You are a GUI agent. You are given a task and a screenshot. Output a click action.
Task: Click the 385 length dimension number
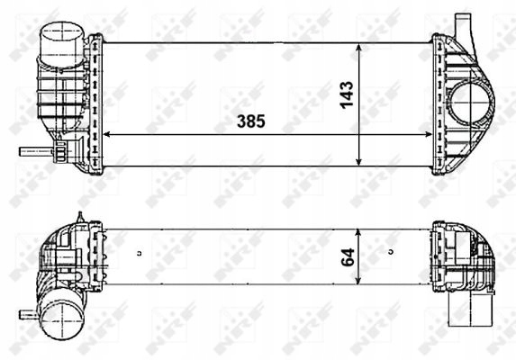coord(250,121)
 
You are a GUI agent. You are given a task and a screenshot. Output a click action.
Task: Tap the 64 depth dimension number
coord(346,257)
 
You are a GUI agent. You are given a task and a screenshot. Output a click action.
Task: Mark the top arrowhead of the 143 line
coord(360,45)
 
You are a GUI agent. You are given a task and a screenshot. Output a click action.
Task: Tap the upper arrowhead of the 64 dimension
coord(359,232)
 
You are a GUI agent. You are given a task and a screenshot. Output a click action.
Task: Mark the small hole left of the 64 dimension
coord(140,251)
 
